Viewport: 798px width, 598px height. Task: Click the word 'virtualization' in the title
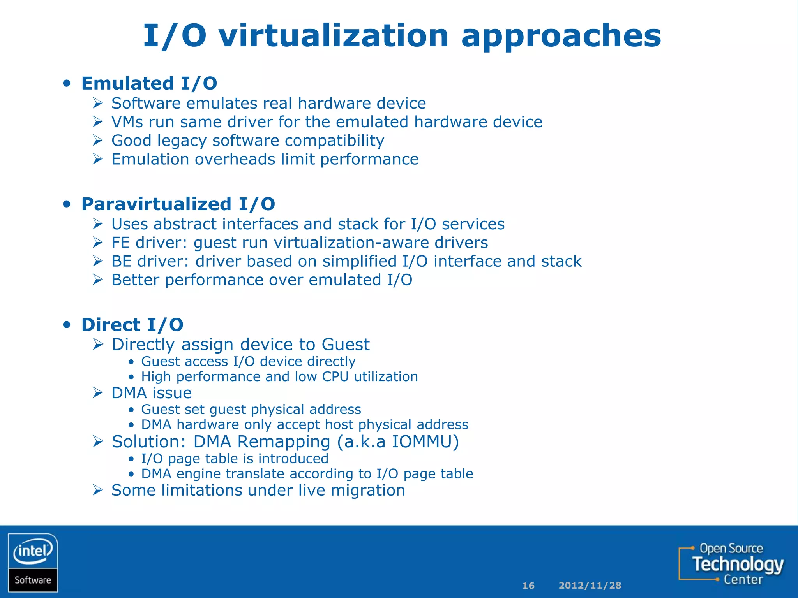(333, 36)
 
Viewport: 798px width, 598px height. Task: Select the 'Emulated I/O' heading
(149, 83)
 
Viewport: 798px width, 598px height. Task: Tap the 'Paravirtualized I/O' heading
(178, 204)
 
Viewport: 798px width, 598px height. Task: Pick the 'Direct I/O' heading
(132, 325)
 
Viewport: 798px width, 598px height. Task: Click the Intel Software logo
(33, 563)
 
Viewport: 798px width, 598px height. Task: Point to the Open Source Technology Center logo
(731, 564)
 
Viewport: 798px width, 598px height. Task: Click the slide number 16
(528, 586)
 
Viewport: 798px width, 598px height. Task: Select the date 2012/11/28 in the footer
(590, 586)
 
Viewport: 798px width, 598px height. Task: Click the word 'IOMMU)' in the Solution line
(425, 442)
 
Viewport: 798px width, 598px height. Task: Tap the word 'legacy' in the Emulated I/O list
(182, 141)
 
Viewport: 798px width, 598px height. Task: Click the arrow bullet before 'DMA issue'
(98, 393)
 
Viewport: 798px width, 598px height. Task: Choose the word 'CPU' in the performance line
(335, 377)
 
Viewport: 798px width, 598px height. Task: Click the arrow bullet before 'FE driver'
(98, 243)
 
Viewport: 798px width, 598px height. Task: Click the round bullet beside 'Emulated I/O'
(67, 83)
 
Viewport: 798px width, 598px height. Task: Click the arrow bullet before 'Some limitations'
(98, 490)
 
